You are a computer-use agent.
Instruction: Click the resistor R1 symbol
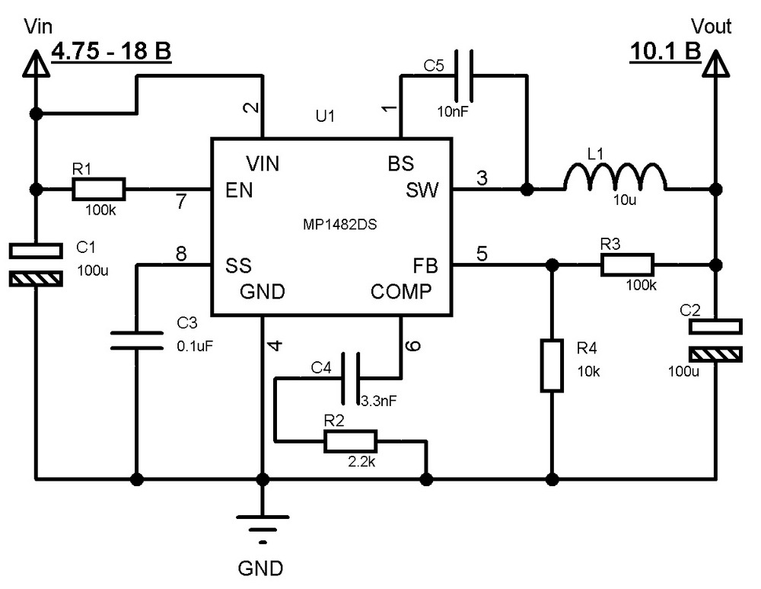point(98,189)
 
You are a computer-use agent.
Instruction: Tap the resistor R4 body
point(552,366)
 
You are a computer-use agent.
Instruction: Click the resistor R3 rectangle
point(627,265)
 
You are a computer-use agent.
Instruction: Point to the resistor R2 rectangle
point(350,441)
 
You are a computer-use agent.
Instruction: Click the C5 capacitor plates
point(463,75)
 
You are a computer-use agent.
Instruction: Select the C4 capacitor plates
point(351,378)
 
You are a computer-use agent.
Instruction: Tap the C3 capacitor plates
point(137,340)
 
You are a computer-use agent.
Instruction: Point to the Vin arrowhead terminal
point(36,64)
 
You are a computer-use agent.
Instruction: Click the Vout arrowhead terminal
point(716,64)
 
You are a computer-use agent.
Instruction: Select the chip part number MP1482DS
point(339,225)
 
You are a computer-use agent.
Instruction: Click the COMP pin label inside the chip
point(401,292)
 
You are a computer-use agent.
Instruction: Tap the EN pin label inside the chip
point(239,190)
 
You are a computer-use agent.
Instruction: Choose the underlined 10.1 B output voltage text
point(665,52)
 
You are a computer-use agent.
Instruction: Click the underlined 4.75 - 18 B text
point(111,52)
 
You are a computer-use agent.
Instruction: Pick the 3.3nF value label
point(378,401)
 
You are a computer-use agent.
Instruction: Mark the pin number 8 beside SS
point(181,253)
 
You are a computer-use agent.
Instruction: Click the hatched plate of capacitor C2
point(715,355)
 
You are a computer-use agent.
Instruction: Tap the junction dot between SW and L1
point(527,189)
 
